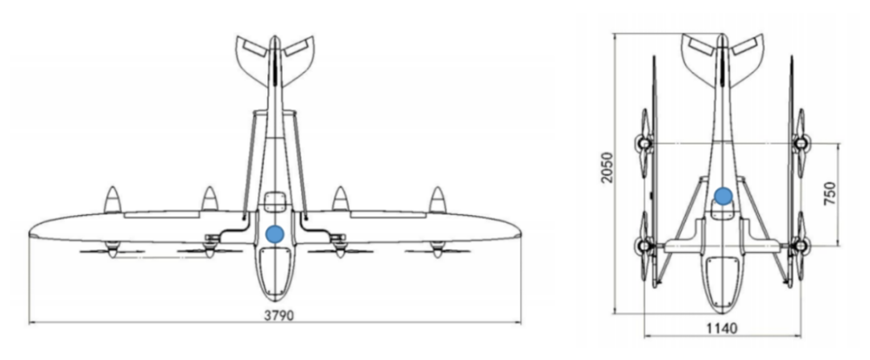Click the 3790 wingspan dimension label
[279, 316]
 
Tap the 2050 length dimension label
[607, 168]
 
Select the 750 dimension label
[830, 193]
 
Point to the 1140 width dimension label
[722, 329]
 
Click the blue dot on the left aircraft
[275, 234]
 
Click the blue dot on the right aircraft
[723, 196]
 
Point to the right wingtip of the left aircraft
[520, 234]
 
